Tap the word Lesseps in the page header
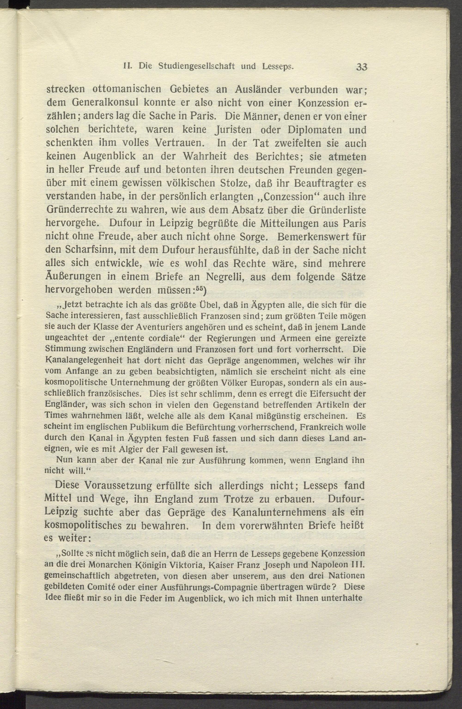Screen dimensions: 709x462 click(278, 66)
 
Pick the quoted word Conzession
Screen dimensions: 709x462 click(288, 197)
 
